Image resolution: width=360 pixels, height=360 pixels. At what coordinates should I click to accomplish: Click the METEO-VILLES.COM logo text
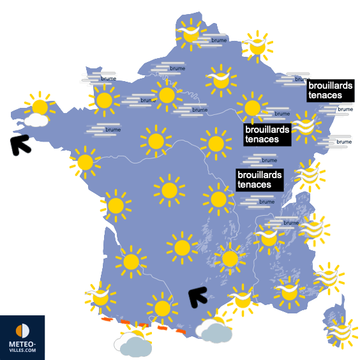pyautogui.click(x=22, y=347)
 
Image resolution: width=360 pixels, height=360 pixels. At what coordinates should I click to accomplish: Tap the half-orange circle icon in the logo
pyautogui.click(x=22, y=331)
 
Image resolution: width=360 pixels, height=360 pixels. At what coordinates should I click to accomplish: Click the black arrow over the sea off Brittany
pyautogui.click(x=20, y=145)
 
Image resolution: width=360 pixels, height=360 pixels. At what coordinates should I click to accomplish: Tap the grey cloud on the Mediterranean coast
pyautogui.click(x=214, y=330)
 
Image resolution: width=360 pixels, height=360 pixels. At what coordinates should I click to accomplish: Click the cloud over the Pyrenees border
pyautogui.click(x=133, y=344)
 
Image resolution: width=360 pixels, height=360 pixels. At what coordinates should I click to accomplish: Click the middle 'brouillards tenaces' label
pyautogui.click(x=267, y=134)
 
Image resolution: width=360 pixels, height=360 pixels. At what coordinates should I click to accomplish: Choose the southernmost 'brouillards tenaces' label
pyautogui.click(x=259, y=179)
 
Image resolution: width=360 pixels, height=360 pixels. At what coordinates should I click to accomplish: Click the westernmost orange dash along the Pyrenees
pyautogui.click(x=106, y=318)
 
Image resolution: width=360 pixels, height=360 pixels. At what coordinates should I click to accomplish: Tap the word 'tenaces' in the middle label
pyautogui.click(x=262, y=139)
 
